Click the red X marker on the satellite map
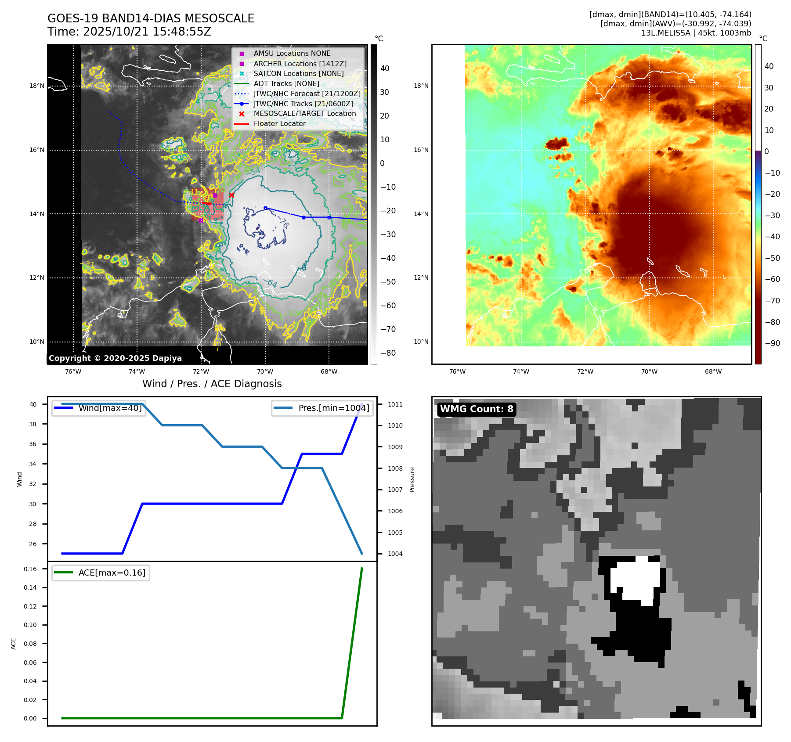click(x=231, y=195)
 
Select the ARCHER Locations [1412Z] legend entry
click(x=300, y=64)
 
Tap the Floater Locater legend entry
click(x=279, y=123)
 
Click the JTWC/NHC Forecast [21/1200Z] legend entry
click(x=307, y=94)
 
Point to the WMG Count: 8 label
click(x=477, y=409)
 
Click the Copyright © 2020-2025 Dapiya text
click(x=115, y=358)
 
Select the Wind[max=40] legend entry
click(x=110, y=408)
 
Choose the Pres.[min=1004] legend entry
click(x=333, y=408)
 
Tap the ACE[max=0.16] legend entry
click(x=112, y=573)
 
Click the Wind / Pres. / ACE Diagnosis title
click(x=212, y=384)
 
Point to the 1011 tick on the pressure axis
click(x=395, y=404)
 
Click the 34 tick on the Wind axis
click(x=33, y=464)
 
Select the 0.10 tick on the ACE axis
click(x=30, y=625)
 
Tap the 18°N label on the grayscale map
click(x=37, y=86)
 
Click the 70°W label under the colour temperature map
click(x=649, y=371)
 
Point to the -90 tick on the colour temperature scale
click(x=772, y=343)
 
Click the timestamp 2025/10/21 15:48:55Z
click(x=147, y=32)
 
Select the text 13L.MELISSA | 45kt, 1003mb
click(x=696, y=33)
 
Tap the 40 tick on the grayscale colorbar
click(x=385, y=68)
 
